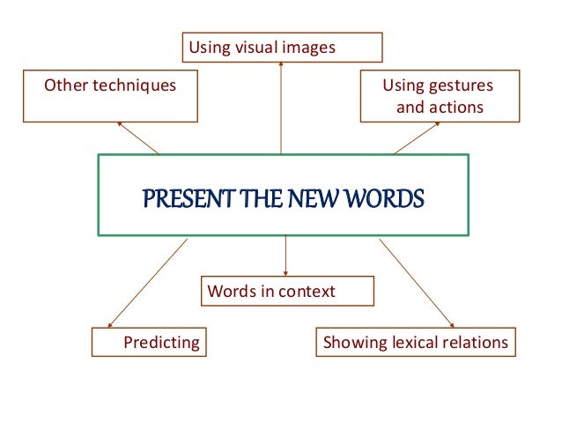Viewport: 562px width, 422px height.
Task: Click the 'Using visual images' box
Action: (x=282, y=48)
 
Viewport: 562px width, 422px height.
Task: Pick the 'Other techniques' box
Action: (x=110, y=97)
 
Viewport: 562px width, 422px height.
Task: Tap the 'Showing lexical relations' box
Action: (x=416, y=342)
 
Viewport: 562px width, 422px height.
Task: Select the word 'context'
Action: (x=306, y=291)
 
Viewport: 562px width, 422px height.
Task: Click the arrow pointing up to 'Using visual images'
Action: (x=281, y=106)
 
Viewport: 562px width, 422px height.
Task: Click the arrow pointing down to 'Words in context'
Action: (x=286, y=257)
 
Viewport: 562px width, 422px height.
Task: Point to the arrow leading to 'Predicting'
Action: (x=145, y=284)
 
